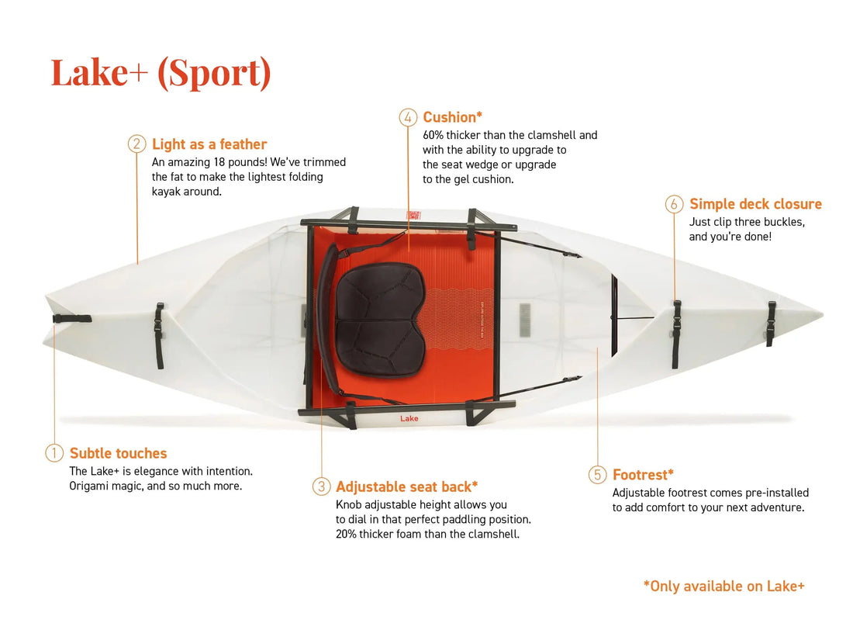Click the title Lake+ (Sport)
coord(161,73)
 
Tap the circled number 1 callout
coord(54,453)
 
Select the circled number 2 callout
coord(136,144)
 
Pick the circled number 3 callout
coord(321,486)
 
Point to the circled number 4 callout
coord(408,117)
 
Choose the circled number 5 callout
coord(597,475)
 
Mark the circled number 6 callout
coord(674,204)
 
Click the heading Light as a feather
coord(209,144)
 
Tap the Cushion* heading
coord(453,117)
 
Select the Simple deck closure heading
coord(755,204)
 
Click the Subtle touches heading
coord(118,453)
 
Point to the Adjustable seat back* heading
coord(407,486)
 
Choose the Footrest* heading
coord(643,475)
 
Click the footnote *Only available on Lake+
coord(724,586)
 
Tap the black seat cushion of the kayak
coord(380,319)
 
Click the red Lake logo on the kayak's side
coord(409,418)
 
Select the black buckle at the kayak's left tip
coord(72,318)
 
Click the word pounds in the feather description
coord(247,162)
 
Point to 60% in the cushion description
coord(433,135)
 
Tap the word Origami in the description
coord(88,486)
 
